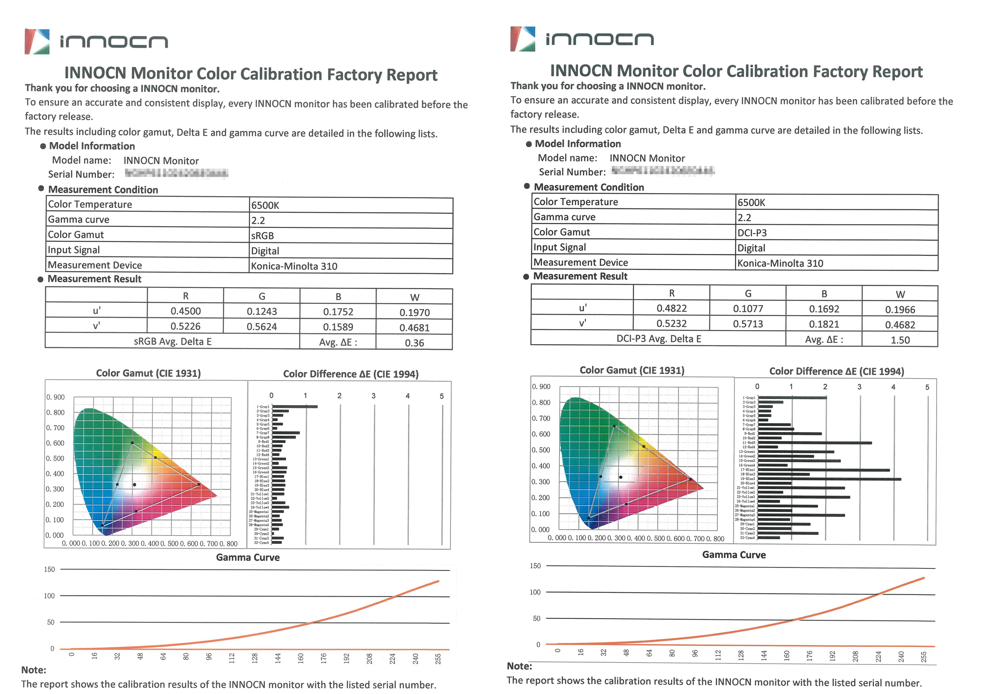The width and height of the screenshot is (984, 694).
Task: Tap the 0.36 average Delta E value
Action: click(x=414, y=343)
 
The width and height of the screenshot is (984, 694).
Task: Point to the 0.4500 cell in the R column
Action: click(x=185, y=311)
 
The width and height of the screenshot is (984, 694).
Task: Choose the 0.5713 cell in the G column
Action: click(x=748, y=324)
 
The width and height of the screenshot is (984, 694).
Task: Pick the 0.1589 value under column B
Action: click(x=338, y=327)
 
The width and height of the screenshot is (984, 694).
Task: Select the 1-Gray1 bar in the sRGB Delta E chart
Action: click(x=295, y=406)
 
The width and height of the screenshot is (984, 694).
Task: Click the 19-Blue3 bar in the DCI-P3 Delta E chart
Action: click(x=829, y=479)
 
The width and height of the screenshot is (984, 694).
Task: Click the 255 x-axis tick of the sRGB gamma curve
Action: click(x=438, y=659)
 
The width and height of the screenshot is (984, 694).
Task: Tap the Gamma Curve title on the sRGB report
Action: click(x=248, y=557)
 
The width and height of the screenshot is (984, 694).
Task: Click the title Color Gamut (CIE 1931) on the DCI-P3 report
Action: click(x=632, y=370)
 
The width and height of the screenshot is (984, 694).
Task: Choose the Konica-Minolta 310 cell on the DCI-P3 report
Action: click(x=780, y=263)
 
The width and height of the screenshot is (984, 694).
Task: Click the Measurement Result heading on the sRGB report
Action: click(x=94, y=279)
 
